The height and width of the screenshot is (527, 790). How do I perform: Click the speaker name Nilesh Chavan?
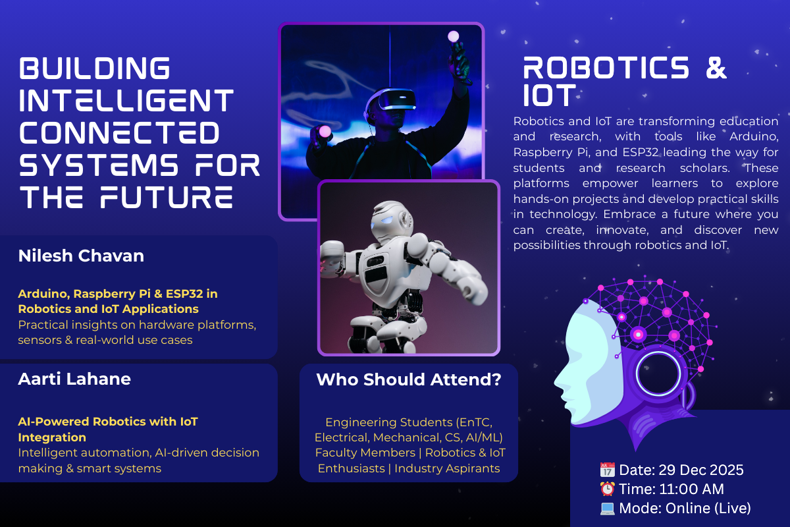81,256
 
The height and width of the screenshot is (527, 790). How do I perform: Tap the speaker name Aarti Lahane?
74,379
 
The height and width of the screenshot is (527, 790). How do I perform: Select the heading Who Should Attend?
409,380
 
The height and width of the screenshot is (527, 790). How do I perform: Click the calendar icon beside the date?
607,470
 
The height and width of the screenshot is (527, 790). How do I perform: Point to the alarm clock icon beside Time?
607,489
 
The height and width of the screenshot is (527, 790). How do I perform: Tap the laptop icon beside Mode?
607,509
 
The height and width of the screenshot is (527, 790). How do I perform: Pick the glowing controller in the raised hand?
453,36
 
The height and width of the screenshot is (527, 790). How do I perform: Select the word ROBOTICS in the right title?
606,69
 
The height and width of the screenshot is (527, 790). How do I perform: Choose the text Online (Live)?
708,509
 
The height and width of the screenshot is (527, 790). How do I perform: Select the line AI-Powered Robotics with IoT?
108,422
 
